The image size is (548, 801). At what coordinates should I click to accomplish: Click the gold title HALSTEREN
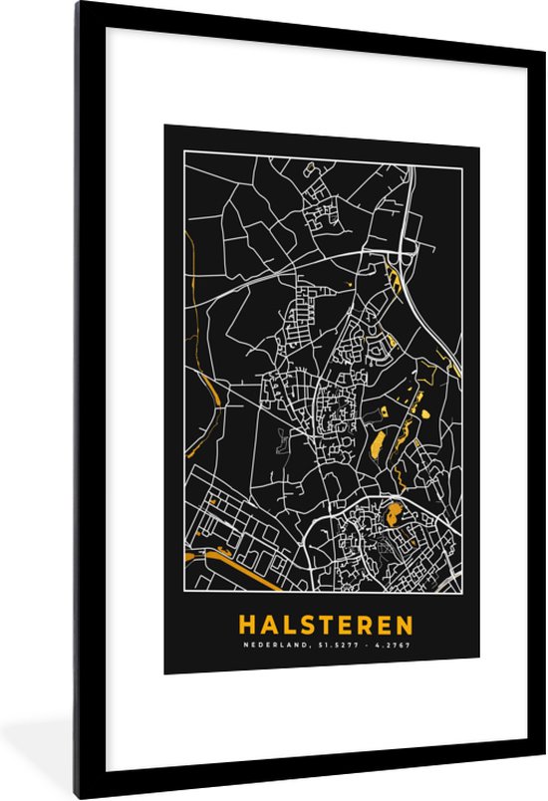(x=325, y=625)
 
